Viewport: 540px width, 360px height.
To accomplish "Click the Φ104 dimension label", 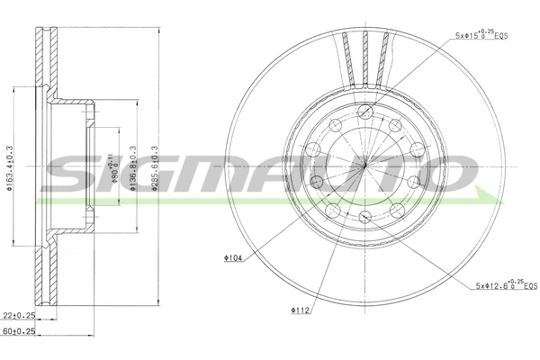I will [233, 258].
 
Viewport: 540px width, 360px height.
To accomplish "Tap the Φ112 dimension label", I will [299, 311].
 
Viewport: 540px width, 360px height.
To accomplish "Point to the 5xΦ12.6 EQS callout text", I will [505, 286].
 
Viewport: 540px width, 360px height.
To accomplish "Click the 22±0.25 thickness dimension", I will [17, 315].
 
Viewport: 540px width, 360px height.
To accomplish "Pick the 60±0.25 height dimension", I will [17, 331].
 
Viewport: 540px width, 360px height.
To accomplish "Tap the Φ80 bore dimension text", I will [113, 166].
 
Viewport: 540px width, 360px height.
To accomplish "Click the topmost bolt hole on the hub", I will [364, 112].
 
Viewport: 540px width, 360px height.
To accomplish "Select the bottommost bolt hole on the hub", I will [364, 219].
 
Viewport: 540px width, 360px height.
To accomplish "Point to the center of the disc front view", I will [364, 166].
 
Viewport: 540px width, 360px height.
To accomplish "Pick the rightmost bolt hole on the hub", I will [416, 149].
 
